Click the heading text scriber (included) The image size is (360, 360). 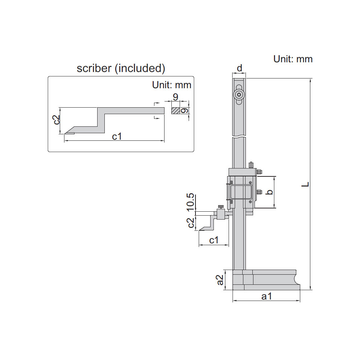121,68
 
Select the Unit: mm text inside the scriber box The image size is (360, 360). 171,85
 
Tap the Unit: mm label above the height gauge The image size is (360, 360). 293,59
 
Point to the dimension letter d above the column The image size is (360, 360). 239,68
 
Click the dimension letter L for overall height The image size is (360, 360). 306,184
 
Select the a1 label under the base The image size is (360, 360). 266,296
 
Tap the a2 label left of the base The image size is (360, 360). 220,279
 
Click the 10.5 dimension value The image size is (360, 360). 190,202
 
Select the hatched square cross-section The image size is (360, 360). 175,111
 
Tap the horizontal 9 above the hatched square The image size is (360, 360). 175,97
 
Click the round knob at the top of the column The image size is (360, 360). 239,95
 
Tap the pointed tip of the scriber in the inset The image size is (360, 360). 66,134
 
